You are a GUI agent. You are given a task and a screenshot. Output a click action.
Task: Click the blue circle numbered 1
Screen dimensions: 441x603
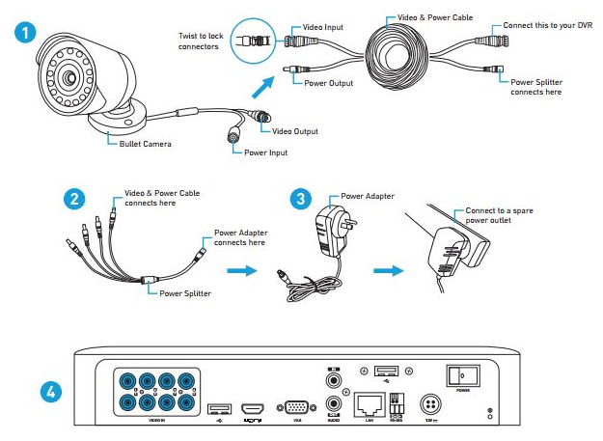(x=29, y=31)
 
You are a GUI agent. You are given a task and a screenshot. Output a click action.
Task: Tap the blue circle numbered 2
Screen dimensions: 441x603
(x=72, y=199)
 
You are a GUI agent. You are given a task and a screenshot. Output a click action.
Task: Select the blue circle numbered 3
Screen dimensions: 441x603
(x=302, y=199)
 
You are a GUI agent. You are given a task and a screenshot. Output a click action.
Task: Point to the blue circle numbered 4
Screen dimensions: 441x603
(x=55, y=392)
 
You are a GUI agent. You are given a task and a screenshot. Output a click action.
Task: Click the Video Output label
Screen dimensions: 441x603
(x=295, y=131)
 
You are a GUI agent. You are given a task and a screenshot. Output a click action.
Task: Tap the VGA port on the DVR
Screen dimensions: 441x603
(x=293, y=409)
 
